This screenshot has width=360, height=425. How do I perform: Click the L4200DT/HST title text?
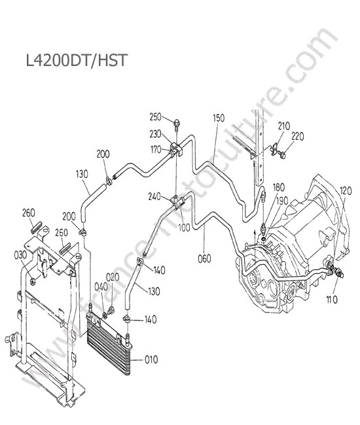[x=76, y=60]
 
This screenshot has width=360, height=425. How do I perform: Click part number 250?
[x=155, y=117]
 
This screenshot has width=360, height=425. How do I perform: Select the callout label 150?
[x=219, y=118]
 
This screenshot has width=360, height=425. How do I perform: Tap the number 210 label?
[x=284, y=126]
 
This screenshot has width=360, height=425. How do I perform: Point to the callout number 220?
[x=298, y=137]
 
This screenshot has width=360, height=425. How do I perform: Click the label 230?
[x=155, y=134]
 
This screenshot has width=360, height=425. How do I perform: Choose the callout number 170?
[x=156, y=150]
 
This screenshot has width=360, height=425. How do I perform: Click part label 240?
[x=155, y=196]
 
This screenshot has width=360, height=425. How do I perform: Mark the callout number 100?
[x=184, y=228]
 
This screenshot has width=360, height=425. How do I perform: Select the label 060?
[x=204, y=258]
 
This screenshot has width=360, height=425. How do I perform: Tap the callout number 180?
[x=279, y=187]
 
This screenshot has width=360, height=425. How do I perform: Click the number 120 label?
[x=346, y=191]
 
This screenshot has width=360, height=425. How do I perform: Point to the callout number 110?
[x=332, y=299]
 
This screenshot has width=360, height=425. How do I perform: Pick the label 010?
[x=151, y=360]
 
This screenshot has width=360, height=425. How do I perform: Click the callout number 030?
[x=20, y=255]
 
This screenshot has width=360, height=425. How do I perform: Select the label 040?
[x=101, y=287]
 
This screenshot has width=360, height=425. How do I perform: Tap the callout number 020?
[x=113, y=277]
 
